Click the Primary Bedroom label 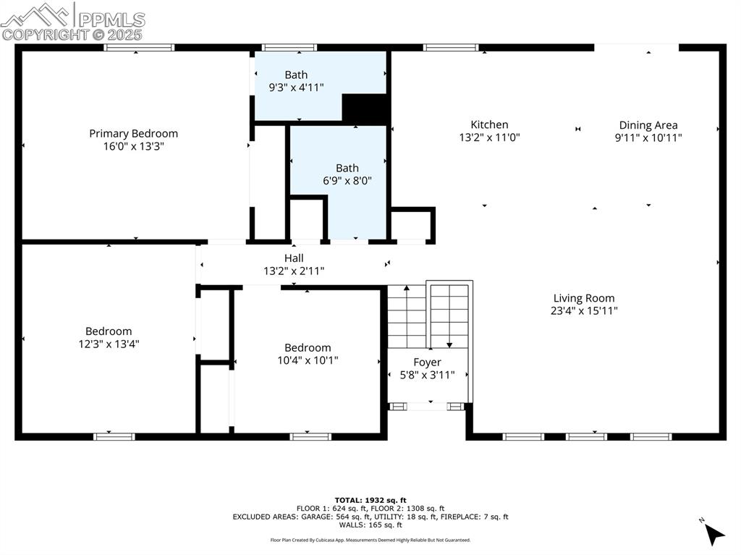(133, 133)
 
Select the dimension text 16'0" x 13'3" (133, 146)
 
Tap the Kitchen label (489, 124)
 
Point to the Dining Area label (648, 125)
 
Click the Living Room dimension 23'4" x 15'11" (583, 311)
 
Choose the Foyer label (427, 362)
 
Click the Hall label (294, 258)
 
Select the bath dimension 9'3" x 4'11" (295, 88)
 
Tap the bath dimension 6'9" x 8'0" (347, 181)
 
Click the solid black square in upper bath (365, 109)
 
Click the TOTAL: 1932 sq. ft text (370, 500)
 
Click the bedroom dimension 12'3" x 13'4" (109, 344)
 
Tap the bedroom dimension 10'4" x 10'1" (308, 360)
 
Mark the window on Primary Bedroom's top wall (139, 48)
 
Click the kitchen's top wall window (451, 48)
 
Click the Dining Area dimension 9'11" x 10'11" (648, 137)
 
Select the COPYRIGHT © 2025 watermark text (72, 34)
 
